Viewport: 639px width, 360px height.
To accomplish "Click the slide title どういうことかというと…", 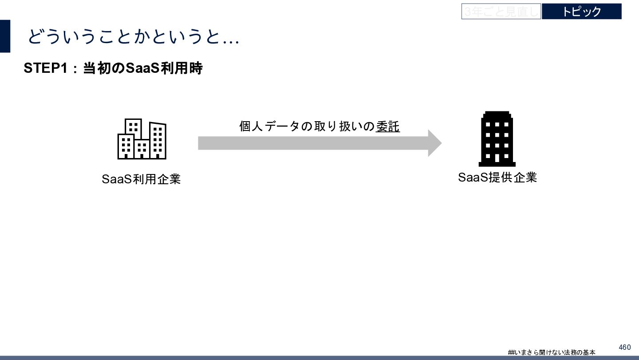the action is click(x=133, y=37).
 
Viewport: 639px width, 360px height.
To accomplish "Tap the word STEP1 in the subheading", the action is click(x=44, y=69).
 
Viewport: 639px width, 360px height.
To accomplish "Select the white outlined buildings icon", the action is click(x=142, y=138).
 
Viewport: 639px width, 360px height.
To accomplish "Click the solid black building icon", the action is click(x=497, y=138).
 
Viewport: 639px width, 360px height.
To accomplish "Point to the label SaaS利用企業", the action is click(x=141, y=179).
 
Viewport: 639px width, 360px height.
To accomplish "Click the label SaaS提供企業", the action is click(x=497, y=178).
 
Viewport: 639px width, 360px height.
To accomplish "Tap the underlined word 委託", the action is click(x=388, y=127).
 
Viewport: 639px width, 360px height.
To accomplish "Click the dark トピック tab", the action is click(x=581, y=12).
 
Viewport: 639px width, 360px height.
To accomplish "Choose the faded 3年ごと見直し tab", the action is click(x=501, y=12).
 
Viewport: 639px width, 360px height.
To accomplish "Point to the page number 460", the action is click(x=624, y=347).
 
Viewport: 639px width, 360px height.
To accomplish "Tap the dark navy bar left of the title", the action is click(x=5, y=36).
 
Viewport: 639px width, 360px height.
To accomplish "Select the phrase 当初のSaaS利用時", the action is click(x=142, y=69).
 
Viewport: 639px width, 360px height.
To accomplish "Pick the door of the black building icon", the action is click(x=497, y=158).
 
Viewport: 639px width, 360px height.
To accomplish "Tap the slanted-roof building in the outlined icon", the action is click(x=158, y=140).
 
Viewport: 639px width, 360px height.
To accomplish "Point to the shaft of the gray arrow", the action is click(x=311, y=143).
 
